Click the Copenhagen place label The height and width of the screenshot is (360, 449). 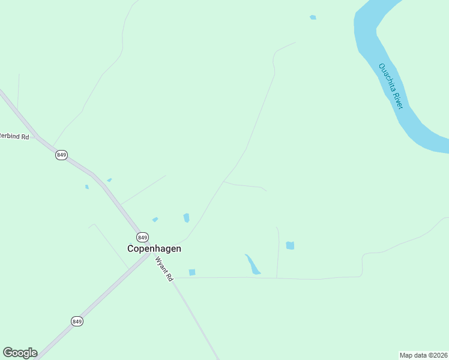(154, 248)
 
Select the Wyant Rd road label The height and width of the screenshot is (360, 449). (164, 269)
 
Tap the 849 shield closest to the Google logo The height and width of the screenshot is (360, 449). (77, 322)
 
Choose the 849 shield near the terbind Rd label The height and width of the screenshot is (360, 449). (61, 155)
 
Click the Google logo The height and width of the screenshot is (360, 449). (20, 353)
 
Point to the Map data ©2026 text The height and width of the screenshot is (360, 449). (423, 355)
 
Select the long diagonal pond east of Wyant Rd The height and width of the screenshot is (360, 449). (253, 264)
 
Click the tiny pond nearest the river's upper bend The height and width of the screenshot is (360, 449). (313, 17)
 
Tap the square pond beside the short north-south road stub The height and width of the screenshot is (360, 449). (290, 245)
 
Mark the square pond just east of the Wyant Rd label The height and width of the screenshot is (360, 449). (192, 272)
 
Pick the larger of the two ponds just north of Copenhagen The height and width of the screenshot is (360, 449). (186, 218)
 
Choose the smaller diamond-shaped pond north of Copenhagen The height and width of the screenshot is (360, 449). (155, 220)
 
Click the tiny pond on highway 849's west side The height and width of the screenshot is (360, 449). (87, 187)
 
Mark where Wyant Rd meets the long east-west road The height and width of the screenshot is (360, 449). (175, 278)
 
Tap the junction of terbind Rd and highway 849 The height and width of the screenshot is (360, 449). (36, 137)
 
